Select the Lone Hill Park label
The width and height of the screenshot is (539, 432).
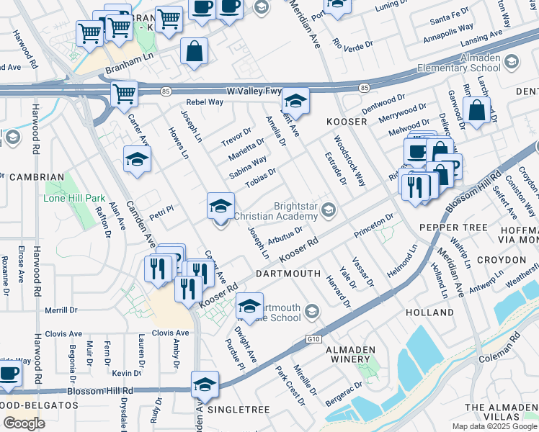click(x=74, y=198)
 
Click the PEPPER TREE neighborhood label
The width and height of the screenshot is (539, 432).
click(x=464, y=227)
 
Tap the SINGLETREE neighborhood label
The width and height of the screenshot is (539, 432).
click(x=238, y=409)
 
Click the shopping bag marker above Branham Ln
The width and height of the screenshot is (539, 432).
click(x=194, y=52)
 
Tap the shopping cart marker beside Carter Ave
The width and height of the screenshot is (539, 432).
click(x=124, y=94)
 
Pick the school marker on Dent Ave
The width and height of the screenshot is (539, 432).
click(x=295, y=101)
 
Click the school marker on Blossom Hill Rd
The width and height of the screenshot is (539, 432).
click(x=205, y=384)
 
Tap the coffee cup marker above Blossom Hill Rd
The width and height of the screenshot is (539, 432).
click(x=9, y=374)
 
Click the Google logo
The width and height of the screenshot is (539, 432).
click(x=24, y=423)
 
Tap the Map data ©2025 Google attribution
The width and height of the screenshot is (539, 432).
click(x=494, y=426)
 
